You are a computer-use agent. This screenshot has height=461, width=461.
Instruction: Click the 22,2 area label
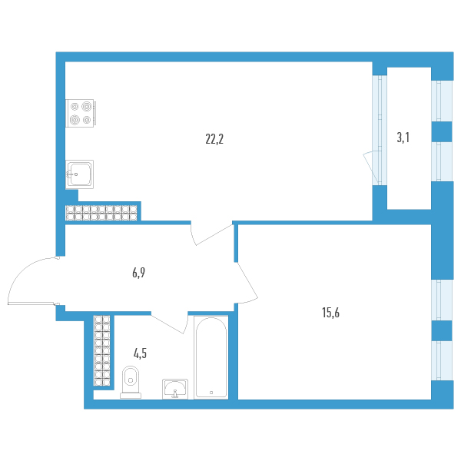[214, 139]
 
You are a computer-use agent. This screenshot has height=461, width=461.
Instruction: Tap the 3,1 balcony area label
[403, 138]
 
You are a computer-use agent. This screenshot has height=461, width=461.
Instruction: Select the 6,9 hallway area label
[138, 273]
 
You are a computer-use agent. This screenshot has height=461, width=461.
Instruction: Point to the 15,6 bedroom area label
[330, 313]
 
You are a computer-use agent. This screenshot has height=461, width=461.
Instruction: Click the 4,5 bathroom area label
[140, 353]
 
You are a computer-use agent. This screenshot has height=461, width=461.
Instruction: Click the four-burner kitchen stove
[80, 113]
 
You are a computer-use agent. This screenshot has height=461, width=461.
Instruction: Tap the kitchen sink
[79, 174]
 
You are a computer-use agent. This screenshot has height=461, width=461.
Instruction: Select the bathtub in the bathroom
[211, 357]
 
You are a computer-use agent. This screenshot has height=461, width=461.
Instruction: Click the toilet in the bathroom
[131, 382]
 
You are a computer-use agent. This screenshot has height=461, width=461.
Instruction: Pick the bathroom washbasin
[175, 389]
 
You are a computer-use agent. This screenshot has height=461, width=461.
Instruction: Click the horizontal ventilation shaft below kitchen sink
[101, 213]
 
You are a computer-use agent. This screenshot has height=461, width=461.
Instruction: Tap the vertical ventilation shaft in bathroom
[101, 350]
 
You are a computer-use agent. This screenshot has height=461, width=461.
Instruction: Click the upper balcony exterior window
[442, 101]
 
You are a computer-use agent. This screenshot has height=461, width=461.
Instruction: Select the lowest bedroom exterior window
[442, 361]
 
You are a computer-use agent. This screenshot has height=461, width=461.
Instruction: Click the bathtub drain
[211, 393]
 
